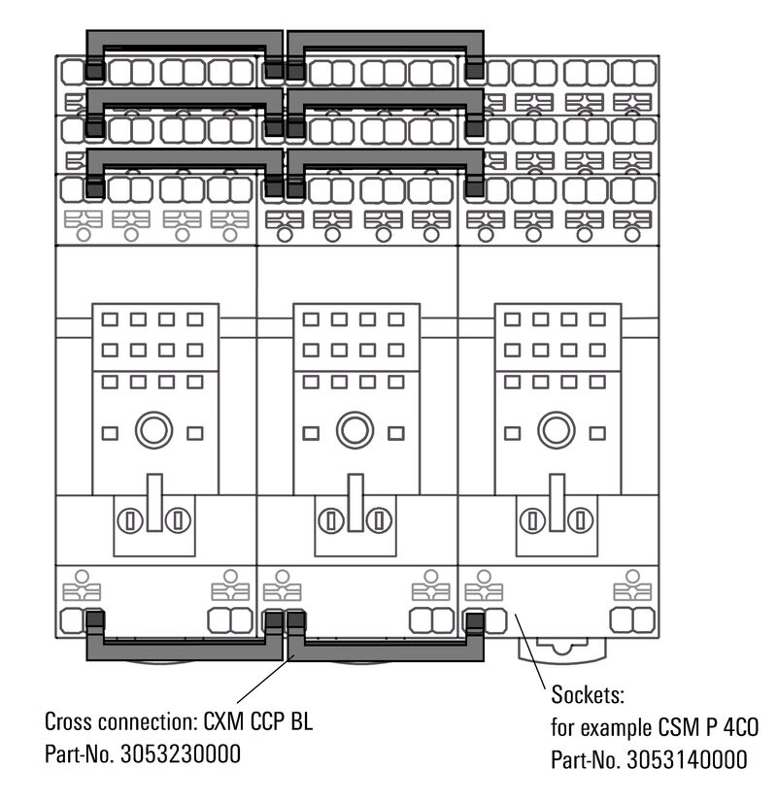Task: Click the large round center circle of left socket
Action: click(x=153, y=430)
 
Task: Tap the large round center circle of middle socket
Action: click(x=355, y=430)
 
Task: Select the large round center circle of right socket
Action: click(x=556, y=430)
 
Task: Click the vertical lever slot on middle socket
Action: click(x=355, y=503)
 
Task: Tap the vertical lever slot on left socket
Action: click(x=154, y=503)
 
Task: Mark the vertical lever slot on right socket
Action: click(x=557, y=503)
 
